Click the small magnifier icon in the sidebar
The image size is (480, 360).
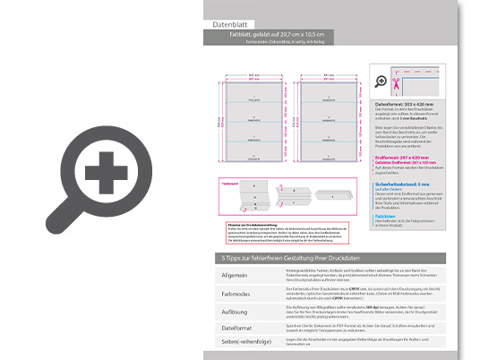[x=383, y=82]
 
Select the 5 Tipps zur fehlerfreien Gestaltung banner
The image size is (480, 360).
[x=296, y=258]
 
